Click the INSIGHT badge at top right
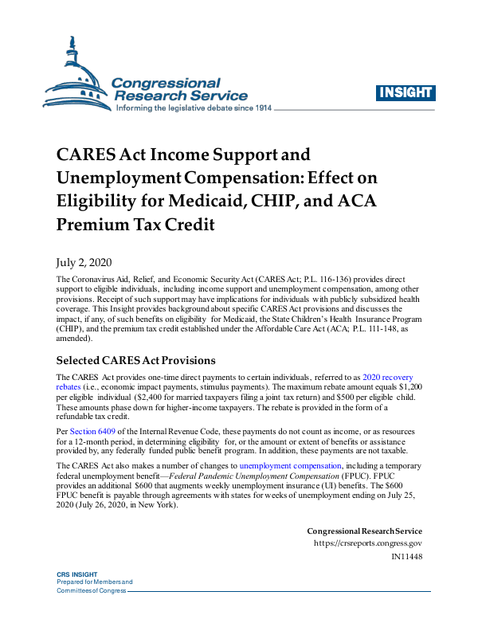click(x=405, y=92)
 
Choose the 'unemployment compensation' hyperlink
click(x=289, y=465)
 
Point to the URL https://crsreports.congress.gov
click(x=368, y=544)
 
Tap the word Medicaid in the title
click(x=241, y=201)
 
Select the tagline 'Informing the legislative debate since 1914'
click(x=194, y=108)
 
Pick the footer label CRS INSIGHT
click(x=76, y=574)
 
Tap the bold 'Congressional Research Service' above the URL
click(x=364, y=531)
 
